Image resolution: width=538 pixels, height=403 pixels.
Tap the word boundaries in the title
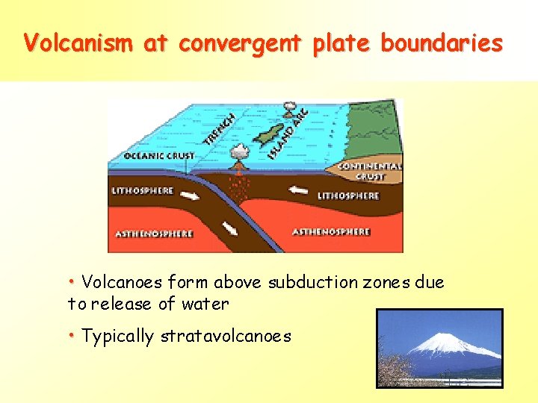coord(442,43)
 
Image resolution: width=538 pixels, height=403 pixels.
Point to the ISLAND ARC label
coord(288,133)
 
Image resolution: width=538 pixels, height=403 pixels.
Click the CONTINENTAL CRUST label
coord(371,172)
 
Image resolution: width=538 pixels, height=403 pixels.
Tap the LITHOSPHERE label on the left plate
coord(142,191)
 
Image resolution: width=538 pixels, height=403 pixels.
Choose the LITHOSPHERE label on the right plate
coord(348,196)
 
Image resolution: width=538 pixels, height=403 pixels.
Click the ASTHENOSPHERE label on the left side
coord(154,234)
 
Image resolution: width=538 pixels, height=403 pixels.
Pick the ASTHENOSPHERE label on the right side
coord(331,232)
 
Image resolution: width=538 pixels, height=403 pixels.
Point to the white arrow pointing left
coord(298,190)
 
